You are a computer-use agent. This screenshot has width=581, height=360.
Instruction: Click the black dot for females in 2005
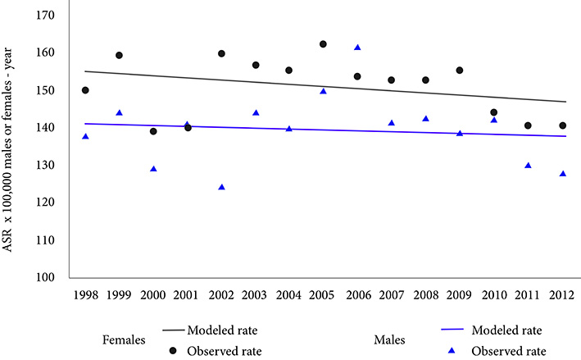coord(323,44)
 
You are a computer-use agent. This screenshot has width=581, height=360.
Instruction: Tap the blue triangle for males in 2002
coord(221,187)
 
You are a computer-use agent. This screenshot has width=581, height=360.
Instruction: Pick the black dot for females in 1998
coord(85,90)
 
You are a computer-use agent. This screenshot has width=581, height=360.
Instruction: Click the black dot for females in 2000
coord(153,131)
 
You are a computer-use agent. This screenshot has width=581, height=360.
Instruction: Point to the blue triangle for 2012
coord(562,174)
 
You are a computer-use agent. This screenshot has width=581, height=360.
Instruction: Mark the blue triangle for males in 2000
coord(153,169)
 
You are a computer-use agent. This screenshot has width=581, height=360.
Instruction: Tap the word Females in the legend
coord(125,339)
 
